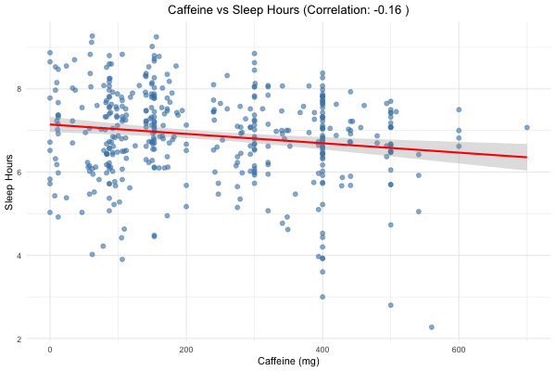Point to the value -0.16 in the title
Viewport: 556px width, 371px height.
click(x=383, y=10)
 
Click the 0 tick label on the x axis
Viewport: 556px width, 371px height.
click(x=50, y=349)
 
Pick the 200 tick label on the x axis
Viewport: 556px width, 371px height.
click(x=186, y=349)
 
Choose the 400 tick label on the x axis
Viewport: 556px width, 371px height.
click(x=322, y=349)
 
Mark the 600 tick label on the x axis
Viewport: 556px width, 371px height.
click(x=459, y=349)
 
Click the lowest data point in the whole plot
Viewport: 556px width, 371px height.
click(x=432, y=326)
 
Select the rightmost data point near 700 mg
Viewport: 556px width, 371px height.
click(x=526, y=127)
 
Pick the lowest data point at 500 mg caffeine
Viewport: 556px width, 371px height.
click(x=391, y=304)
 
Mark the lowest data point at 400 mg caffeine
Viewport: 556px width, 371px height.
click(x=322, y=297)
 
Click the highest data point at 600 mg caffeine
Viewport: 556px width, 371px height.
click(x=459, y=109)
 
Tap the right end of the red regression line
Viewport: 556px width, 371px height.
click(x=526, y=157)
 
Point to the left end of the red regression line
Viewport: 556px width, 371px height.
click(x=50, y=124)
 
